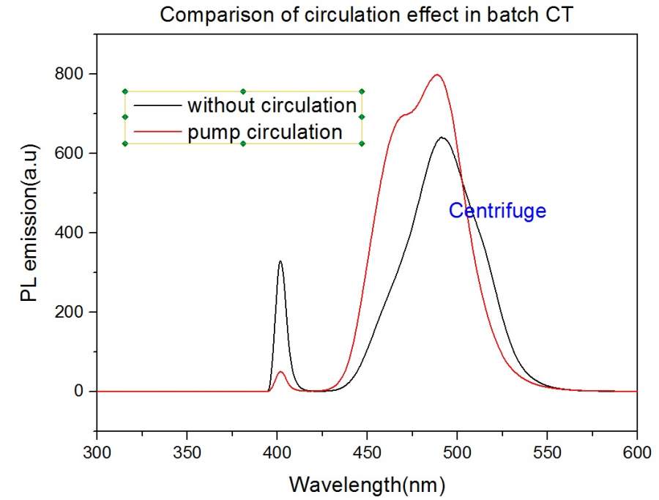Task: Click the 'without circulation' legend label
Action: click(272, 105)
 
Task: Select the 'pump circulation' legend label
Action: click(265, 132)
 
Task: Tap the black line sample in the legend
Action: click(156, 105)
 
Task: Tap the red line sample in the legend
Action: click(156, 132)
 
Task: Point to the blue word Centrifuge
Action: click(497, 211)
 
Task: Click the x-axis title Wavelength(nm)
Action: click(367, 484)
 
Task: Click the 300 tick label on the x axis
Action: click(97, 452)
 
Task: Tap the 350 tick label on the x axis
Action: click(187, 452)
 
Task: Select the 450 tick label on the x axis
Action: click(367, 452)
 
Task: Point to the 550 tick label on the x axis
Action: click(547, 452)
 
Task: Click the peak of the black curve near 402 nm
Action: click(280, 261)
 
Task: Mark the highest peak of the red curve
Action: click(437, 75)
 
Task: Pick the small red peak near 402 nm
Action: click(280, 372)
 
